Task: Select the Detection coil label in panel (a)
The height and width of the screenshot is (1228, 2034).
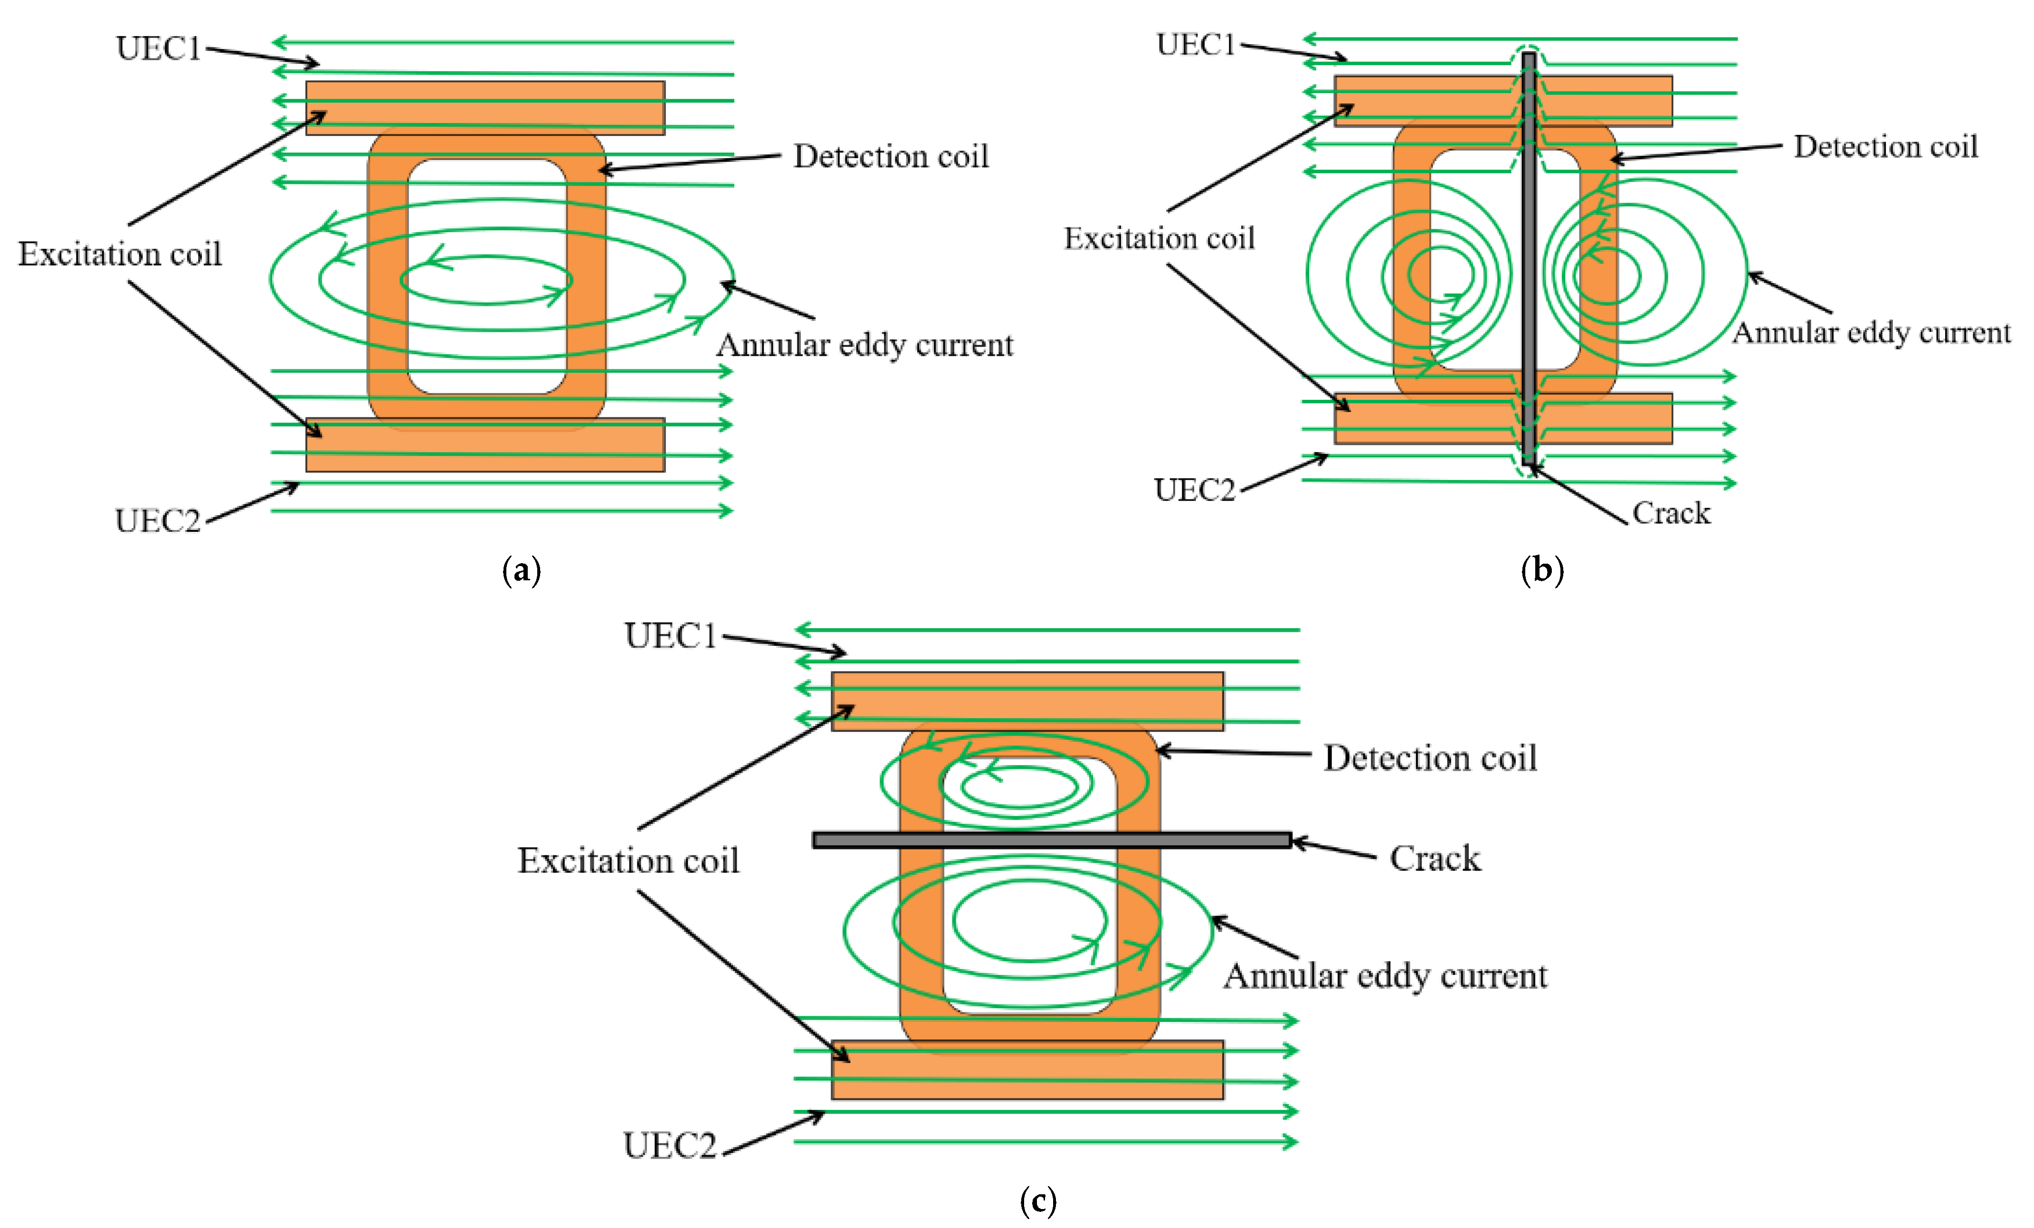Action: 891,156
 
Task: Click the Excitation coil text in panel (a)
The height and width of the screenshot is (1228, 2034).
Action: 121,254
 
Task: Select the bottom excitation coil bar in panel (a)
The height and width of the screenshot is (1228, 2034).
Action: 485,445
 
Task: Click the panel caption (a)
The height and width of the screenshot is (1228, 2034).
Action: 522,570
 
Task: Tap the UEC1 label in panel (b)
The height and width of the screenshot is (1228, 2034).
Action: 1195,45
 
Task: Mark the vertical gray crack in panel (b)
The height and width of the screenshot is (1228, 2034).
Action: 1529,256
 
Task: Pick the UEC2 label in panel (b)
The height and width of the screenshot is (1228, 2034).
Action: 1195,490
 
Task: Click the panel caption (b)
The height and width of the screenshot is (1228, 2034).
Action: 1542,570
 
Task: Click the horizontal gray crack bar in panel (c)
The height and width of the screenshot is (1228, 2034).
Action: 1052,840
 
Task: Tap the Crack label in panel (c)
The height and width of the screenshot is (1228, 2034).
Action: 1435,858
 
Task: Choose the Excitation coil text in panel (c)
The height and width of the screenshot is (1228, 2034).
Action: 628,861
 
